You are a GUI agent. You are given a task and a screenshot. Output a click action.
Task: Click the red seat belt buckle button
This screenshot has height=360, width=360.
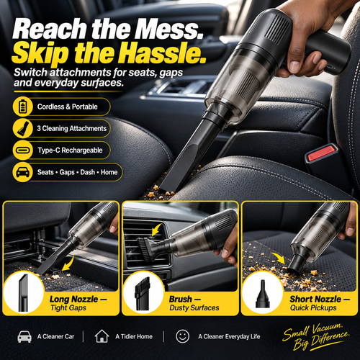pos(322,153)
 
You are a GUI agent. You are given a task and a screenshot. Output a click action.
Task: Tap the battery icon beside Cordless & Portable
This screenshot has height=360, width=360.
pos(22,107)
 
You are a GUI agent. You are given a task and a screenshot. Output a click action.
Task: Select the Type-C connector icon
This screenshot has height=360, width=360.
pos(23,150)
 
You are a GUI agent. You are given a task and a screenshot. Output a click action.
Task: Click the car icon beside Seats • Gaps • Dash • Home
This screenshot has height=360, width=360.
pos(23,172)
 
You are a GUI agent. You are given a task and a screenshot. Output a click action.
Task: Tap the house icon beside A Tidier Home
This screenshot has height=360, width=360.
pos(102,336)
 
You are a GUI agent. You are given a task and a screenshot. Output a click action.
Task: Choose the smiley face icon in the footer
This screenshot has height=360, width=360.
pos(182,336)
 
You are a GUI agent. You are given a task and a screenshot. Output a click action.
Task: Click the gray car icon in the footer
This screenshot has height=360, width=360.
pos(24,336)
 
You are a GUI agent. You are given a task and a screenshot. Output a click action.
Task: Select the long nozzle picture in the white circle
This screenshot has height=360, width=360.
pos(23,293)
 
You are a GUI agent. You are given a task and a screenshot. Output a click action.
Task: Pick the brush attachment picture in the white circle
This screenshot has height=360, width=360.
pos(143,293)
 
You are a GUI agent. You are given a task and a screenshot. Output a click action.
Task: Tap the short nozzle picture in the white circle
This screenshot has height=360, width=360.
pos(263,293)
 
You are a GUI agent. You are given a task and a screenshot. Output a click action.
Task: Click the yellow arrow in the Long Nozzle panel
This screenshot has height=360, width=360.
pos(68,264)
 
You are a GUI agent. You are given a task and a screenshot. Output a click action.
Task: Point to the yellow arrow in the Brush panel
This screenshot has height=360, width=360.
pos(156,229)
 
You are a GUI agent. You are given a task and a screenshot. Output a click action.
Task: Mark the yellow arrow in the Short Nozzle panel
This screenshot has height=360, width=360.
pos(279,258)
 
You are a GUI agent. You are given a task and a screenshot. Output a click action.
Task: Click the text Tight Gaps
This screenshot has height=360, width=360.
pos(68,308)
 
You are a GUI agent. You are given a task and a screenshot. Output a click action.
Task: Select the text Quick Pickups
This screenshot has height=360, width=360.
pos(313,308)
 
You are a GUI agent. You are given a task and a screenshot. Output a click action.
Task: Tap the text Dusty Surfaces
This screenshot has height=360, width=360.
pos(194,308)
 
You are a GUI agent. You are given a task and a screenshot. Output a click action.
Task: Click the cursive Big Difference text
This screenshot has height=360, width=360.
pos(322,341)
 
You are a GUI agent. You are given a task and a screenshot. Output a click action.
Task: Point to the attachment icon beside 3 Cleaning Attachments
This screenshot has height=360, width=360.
pos(23,128)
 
